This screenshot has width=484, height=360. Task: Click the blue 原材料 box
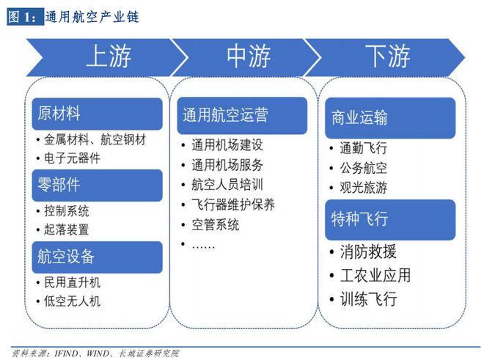[98, 114]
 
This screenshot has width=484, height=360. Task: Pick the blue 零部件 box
[98, 185]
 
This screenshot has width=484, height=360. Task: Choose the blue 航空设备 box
[98, 257]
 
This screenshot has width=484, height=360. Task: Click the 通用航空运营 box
[242, 115]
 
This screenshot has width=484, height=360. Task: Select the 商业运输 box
[390, 118]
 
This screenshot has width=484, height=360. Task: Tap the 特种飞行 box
[390, 219]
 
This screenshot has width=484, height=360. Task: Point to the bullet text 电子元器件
[72, 158]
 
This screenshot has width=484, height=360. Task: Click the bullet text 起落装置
[66, 229]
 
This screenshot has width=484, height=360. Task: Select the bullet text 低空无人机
[72, 301]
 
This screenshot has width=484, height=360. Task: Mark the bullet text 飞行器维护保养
[233, 205]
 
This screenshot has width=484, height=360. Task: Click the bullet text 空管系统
[215, 224]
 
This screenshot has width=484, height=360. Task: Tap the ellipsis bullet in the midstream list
[203, 246]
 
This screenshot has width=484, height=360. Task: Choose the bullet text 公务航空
[363, 168]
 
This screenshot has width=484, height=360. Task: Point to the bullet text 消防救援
[368, 251]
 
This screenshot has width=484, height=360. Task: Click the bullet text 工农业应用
[375, 275]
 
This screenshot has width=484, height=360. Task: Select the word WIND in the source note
[98, 353]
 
